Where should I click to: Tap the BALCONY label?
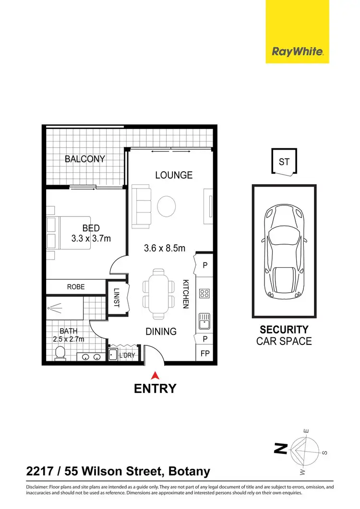85,159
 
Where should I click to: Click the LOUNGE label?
174,175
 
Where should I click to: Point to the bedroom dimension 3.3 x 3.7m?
91,237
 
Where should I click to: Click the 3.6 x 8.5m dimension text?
165,248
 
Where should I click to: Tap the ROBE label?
76,287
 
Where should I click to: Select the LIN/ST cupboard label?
117,298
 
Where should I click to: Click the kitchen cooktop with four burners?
204,293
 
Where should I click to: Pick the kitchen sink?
204,320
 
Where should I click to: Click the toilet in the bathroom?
60,354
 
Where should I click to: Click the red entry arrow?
155,375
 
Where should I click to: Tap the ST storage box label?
284,162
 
